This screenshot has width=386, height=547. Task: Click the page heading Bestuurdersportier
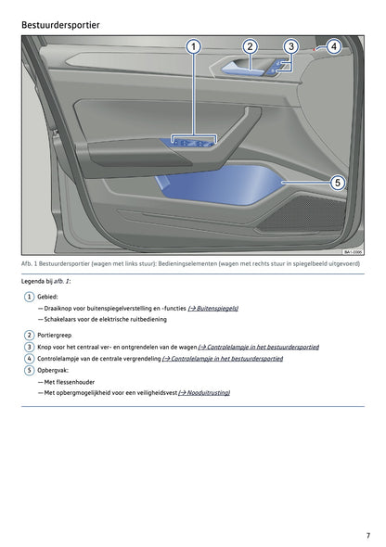pos(61,22)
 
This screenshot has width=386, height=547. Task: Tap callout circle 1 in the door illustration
pos(194,46)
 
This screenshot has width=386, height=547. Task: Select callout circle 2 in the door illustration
pos(250,46)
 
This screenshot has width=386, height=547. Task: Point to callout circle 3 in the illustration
pos(290,46)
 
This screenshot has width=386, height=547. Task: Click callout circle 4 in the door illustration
pos(333,46)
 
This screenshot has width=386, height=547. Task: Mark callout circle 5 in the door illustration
pos(339,183)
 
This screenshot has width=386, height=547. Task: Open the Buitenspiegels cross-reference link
pos(212,307)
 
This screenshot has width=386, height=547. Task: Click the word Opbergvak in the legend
pos(54,370)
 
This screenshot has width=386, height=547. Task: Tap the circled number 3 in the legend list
pos(29,347)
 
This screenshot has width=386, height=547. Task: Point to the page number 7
pos(367,535)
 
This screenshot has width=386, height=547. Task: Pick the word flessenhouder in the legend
pos(77,381)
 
